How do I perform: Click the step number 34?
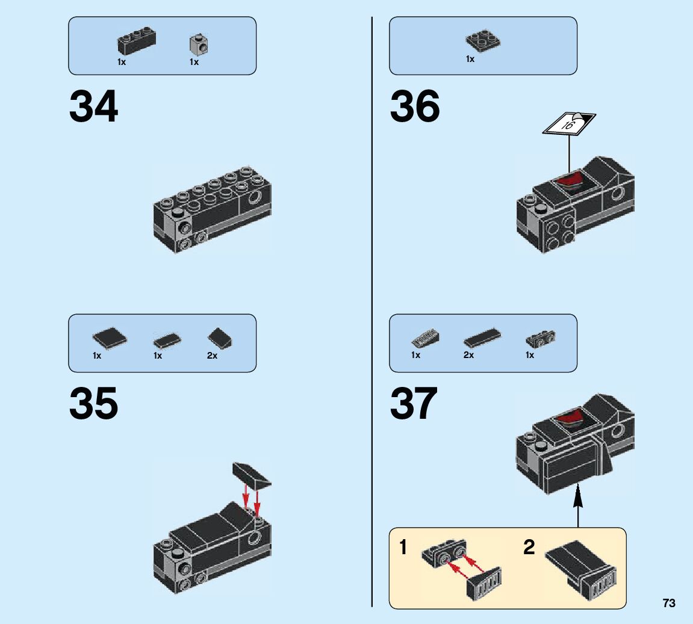93,107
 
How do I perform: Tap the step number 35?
93,404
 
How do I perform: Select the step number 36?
415,107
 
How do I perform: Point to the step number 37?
414,404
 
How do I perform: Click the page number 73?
669,603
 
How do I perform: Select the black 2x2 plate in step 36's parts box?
484,41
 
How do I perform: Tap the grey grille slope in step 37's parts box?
425,339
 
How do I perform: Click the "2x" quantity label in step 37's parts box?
468,356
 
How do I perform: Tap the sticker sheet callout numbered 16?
568,124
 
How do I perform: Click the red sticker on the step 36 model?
570,180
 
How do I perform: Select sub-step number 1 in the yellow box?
403,548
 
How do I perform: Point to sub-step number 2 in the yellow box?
529,548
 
